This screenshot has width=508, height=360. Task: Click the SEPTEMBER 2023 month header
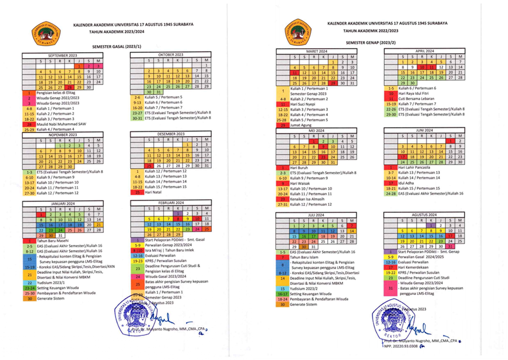(x=65, y=55)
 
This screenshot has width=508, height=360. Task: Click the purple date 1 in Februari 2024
(x=179, y=213)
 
